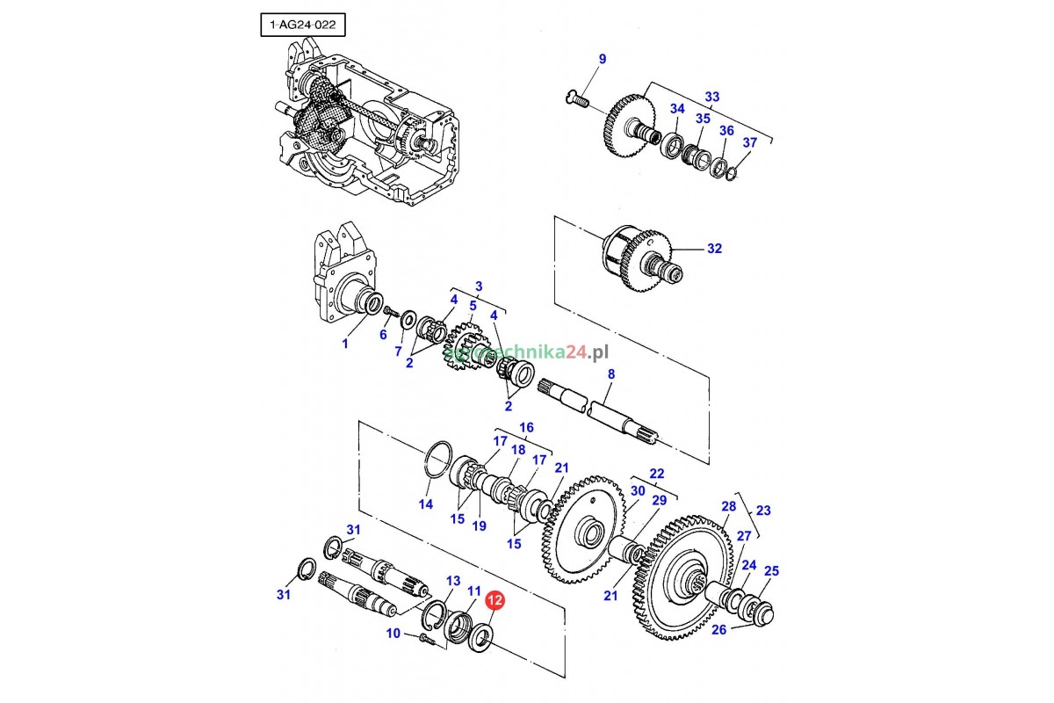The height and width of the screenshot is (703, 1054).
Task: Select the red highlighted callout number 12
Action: point(494,601)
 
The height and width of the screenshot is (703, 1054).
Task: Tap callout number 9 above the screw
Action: point(603,60)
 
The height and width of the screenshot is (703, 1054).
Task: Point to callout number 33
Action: point(711,97)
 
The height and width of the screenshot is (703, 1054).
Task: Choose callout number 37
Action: point(749,143)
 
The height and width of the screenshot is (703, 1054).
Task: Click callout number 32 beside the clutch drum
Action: point(714,249)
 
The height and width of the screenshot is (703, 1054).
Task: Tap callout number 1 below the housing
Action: point(345,344)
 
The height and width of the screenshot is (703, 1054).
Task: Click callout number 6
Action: point(383,335)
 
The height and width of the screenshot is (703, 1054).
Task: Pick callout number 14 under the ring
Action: point(425,504)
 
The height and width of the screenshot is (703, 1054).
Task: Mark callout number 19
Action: point(480,526)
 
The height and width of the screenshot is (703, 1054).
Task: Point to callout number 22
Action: point(657,473)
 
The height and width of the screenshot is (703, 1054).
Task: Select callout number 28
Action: point(728,506)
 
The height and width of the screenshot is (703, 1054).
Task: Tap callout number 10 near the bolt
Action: point(393,634)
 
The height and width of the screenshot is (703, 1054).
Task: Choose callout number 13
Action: point(453,581)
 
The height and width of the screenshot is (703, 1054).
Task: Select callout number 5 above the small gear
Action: point(473,306)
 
